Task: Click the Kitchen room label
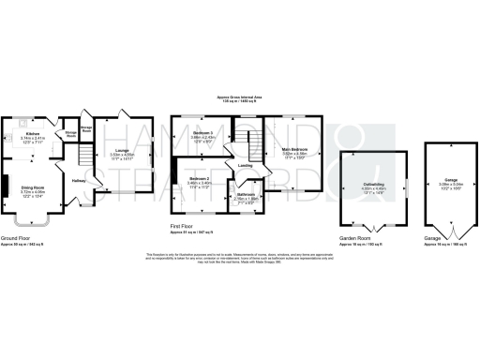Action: (x=32, y=134)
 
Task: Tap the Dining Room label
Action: (x=35, y=187)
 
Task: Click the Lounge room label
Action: (x=122, y=148)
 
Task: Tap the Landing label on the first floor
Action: (x=246, y=166)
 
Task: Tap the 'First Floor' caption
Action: (x=183, y=226)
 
